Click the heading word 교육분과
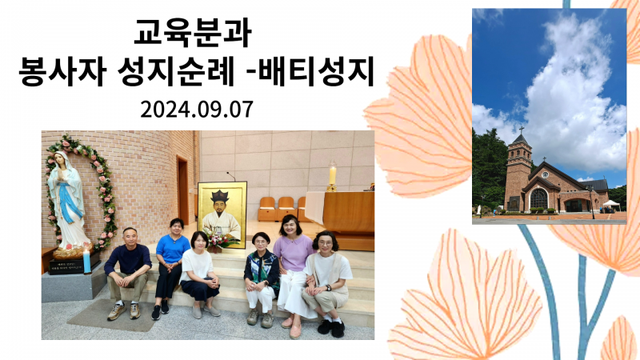click(x=192, y=33)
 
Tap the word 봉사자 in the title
click(x=62, y=72)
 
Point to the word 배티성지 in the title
click(x=316, y=72)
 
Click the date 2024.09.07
click(x=197, y=110)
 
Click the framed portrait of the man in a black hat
click(x=222, y=214)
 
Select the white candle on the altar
click(x=332, y=174)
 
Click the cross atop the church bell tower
click(x=522, y=130)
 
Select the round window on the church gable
click(x=545, y=174)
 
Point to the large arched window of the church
click(x=538, y=198)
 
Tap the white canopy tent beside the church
click(x=611, y=205)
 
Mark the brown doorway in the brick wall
click(x=183, y=190)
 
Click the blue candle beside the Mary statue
click(x=87, y=262)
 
